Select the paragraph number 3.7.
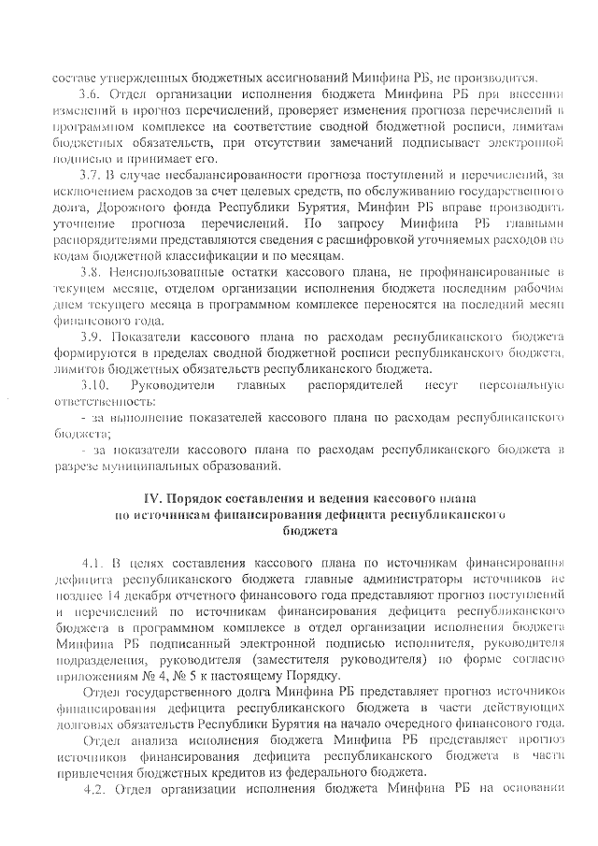(x=93, y=174)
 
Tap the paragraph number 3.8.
(x=93, y=271)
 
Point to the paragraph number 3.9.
(x=93, y=336)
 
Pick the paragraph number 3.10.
(x=95, y=384)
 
